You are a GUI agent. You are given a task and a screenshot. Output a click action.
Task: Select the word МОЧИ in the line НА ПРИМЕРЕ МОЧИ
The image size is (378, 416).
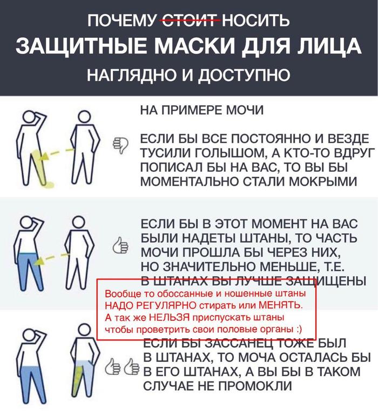click(x=245, y=111)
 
